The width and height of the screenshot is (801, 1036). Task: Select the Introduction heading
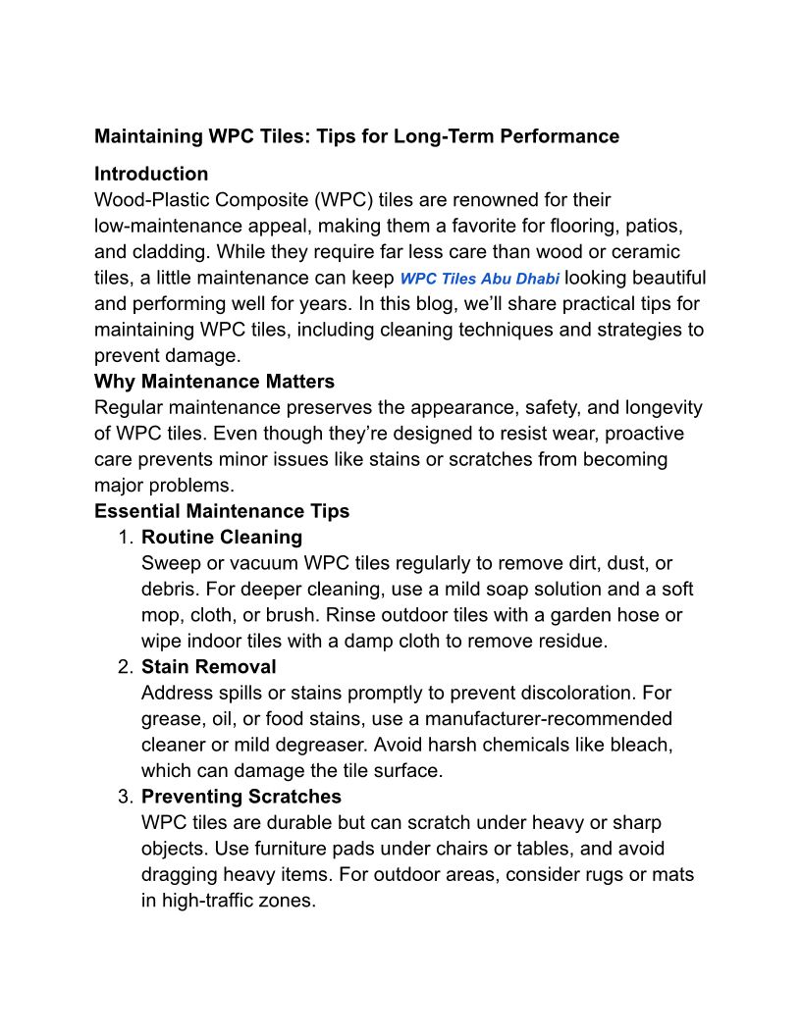tap(151, 174)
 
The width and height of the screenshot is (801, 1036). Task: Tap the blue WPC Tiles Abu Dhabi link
tap(480, 279)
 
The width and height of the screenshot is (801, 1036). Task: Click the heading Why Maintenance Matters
tap(214, 381)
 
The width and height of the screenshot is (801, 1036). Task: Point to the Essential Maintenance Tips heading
tap(222, 511)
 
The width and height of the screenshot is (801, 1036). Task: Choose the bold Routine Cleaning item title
tap(222, 538)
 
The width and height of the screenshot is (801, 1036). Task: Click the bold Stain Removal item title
tap(209, 667)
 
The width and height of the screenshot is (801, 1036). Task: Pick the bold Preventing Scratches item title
tap(241, 797)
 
